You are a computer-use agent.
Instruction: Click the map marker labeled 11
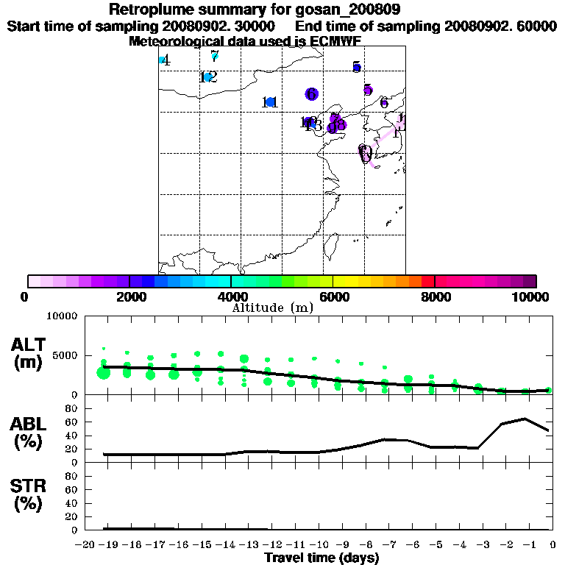pyautogui.click(x=271, y=102)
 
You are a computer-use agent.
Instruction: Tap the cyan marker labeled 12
pyautogui.click(x=208, y=77)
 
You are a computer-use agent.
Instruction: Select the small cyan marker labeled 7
pyautogui.click(x=214, y=55)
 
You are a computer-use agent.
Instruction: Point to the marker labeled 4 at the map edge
pyautogui.click(x=162, y=60)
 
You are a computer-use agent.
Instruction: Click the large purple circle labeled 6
pyautogui.click(x=311, y=94)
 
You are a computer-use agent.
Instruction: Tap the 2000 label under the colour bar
pyautogui.click(x=129, y=296)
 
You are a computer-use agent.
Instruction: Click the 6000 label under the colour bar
pyautogui.click(x=333, y=296)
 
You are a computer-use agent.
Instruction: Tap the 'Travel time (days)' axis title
pyautogui.click(x=321, y=558)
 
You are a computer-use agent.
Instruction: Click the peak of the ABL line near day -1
pyautogui.click(x=525, y=419)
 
